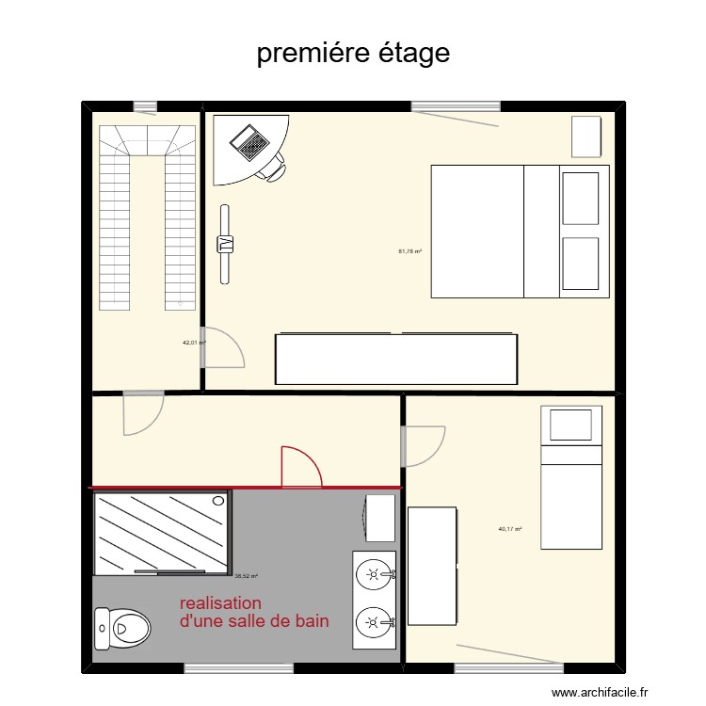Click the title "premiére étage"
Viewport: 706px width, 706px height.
(353, 54)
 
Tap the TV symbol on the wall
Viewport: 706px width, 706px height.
(225, 244)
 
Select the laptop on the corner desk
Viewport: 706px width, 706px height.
(251, 144)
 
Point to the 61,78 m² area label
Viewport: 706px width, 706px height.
(409, 251)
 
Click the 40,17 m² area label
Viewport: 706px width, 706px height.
(510, 529)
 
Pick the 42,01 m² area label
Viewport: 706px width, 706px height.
(193, 343)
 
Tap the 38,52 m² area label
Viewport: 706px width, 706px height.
(246, 576)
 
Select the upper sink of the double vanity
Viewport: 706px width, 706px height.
(375, 572)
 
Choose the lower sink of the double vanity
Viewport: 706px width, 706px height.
(375, 621)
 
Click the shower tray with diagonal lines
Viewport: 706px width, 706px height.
(162, 532)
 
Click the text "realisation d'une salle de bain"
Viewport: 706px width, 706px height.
(253, 612)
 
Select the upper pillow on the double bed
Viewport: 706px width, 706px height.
(580, 198)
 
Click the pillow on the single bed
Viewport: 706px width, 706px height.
(575, 424)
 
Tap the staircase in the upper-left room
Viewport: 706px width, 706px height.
(146, 217)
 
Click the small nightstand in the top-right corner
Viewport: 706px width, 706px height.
(586, 136)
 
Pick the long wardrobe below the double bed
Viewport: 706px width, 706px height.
(396, 359)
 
